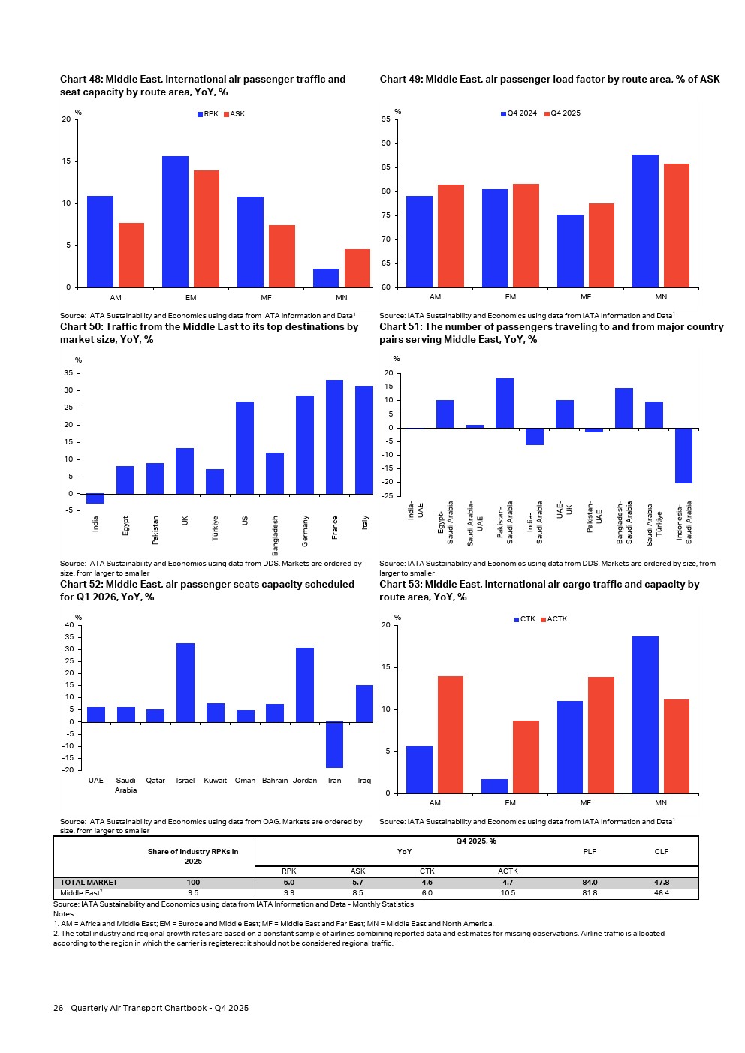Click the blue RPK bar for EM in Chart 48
tap(175, 221)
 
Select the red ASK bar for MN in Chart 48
tap(357, 268)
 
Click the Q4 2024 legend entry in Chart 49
tap(519, 113)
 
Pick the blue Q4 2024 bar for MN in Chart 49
tap(645, 221)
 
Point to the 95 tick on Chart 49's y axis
tap(385, 119)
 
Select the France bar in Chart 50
tap(334, 437)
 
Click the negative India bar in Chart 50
tap(95, 498)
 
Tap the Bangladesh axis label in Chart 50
tap(275, 535)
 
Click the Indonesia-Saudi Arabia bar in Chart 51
tap(683, 456)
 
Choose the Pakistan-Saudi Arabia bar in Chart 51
tap(505, 403)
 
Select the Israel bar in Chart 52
tap(185, 682)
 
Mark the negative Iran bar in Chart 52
tap(334, 745)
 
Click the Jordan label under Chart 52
tap(304, 781)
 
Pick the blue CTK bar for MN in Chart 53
tap(645, 715)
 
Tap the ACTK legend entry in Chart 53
tap(554, 619)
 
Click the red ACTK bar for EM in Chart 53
tap(526, 757)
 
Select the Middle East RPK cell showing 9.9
tap(288, 893)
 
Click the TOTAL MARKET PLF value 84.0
tap(590, 883)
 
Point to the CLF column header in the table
tap(661, 852)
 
